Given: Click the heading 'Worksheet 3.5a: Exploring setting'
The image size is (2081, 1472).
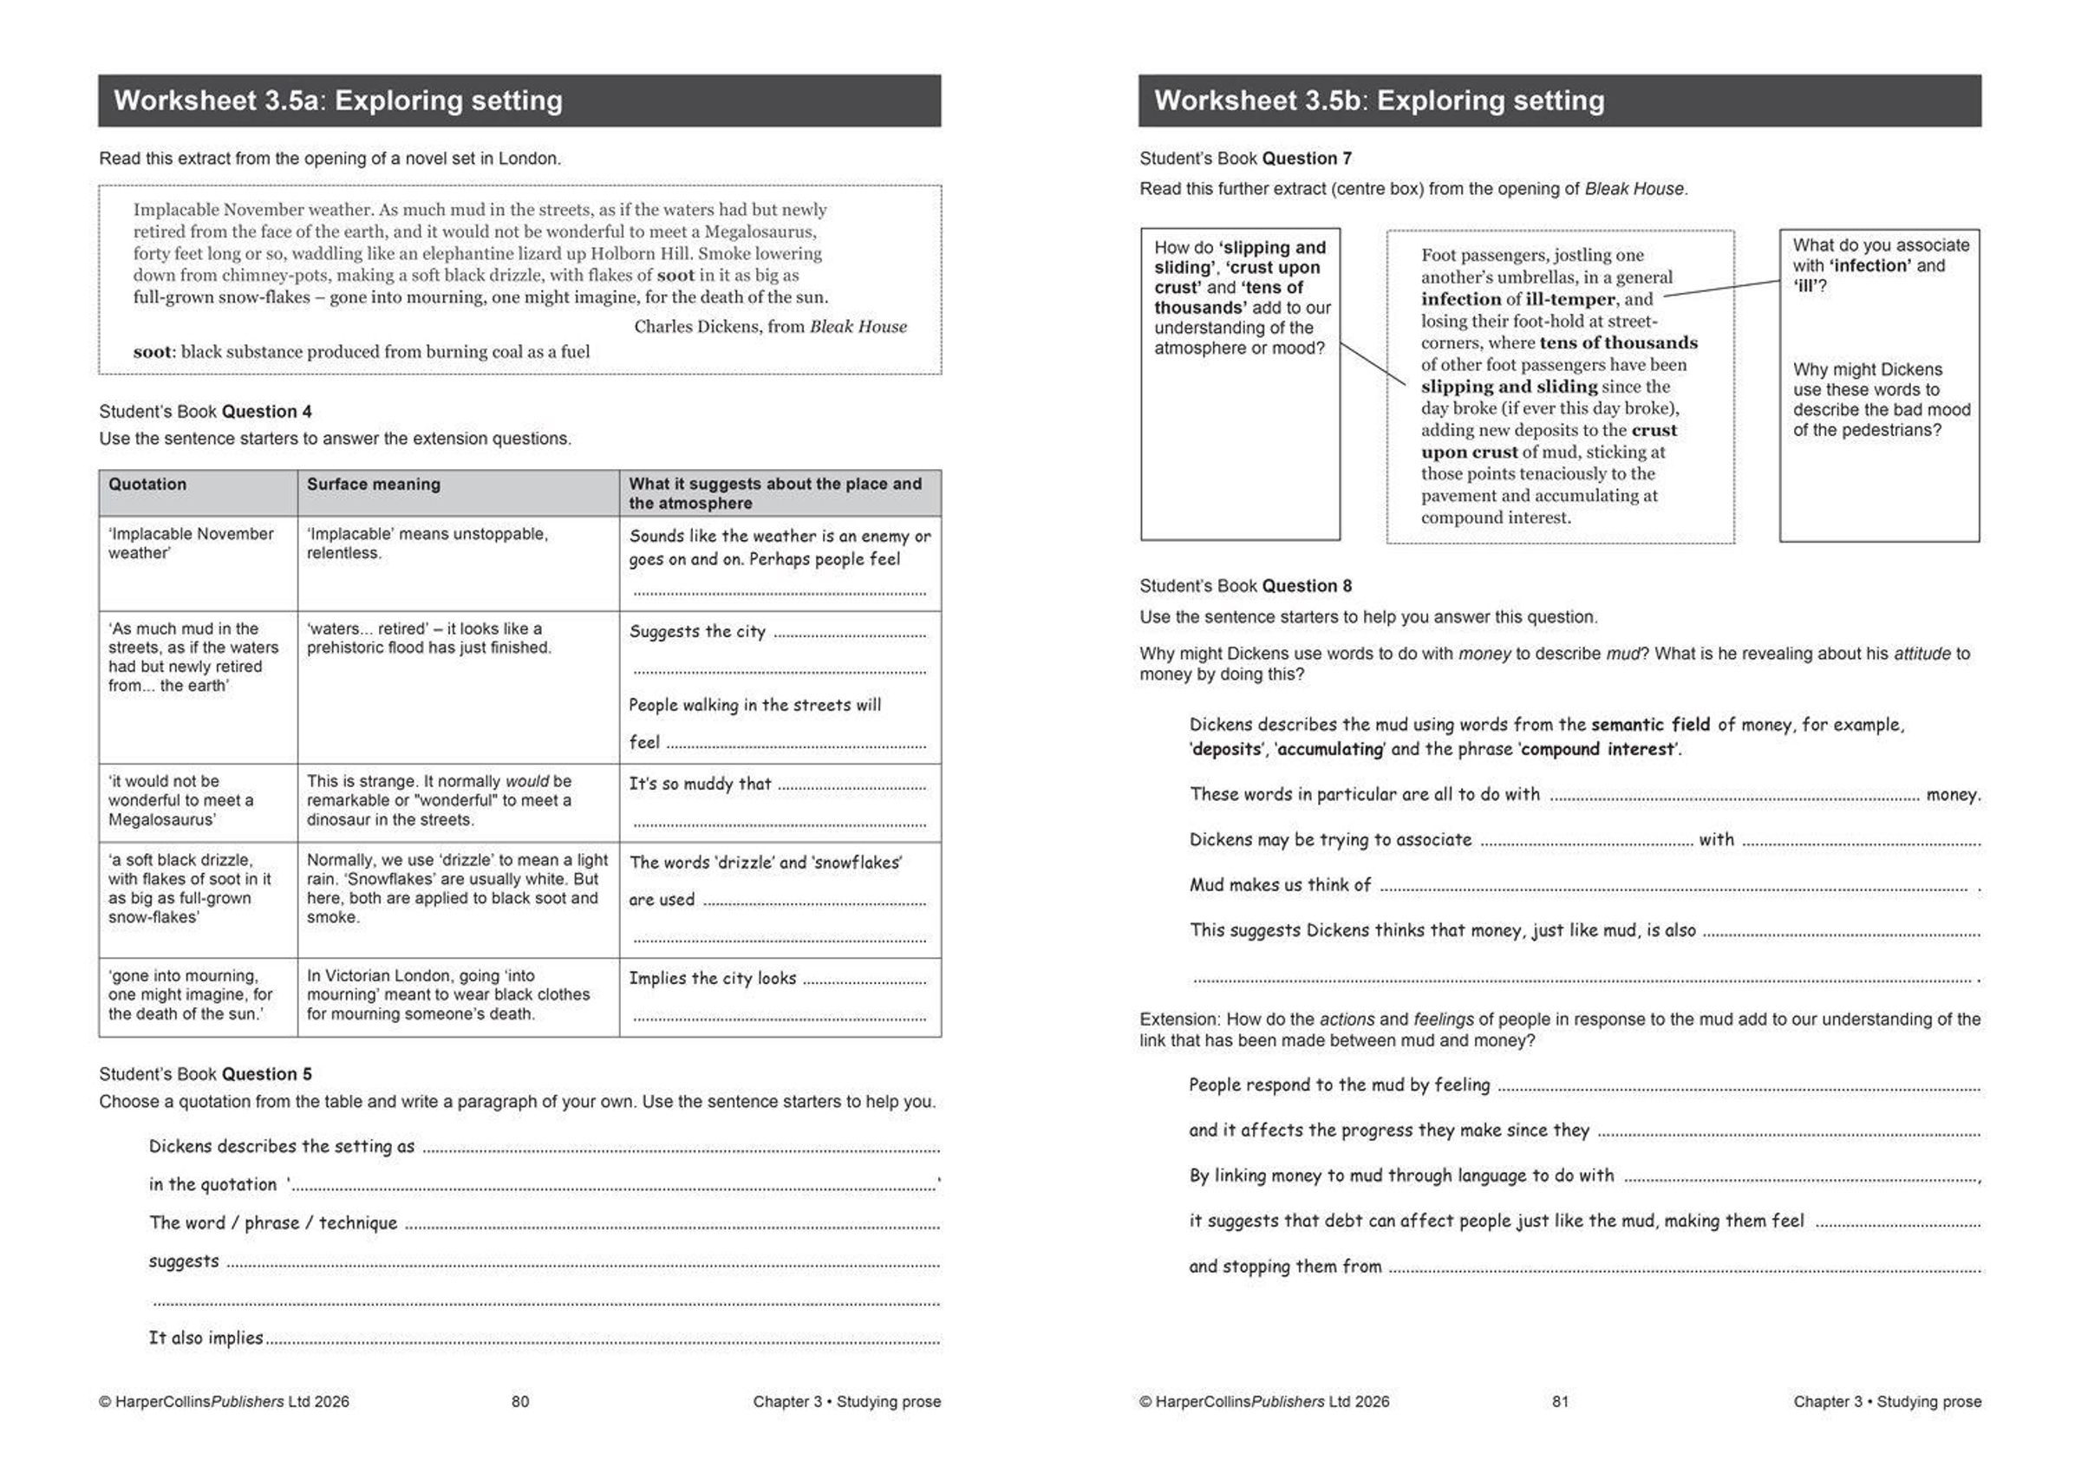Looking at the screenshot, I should [337, 101].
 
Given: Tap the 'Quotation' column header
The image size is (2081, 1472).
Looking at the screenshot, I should [147, 484].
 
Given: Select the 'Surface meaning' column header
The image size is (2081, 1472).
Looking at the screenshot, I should [374, 484].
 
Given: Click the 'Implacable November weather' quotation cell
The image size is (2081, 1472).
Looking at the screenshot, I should [191, 543].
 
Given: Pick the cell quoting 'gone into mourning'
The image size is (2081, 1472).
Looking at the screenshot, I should [191, 994].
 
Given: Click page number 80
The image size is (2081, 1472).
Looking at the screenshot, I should [520, 1401].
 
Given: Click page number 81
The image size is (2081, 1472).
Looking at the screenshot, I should [1560, 1401].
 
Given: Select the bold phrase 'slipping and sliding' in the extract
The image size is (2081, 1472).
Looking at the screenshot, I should [1509, 386].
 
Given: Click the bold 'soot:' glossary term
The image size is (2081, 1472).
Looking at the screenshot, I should [153, 352].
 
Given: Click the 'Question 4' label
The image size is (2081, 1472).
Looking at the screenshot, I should [266, 412].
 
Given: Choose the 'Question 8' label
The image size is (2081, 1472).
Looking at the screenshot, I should [1306, 586].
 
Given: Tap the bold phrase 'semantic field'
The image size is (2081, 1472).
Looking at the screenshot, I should [1649, 724].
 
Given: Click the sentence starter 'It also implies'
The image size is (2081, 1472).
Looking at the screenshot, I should [205, 1338].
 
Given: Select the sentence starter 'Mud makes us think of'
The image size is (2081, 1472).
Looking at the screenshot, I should [1280, 884].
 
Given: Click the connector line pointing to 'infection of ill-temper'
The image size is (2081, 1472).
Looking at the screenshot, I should [1722, 288].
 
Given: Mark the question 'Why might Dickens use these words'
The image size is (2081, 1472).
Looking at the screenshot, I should [1881, 400].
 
